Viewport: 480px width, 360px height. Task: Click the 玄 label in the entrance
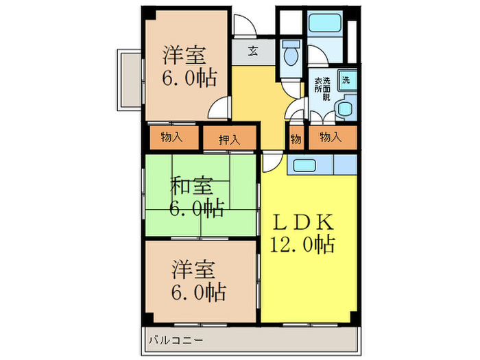click(253, 51)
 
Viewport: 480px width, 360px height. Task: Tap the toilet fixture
click(290, 53)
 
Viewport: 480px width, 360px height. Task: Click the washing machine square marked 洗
click(347, 80)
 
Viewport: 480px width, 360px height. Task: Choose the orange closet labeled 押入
click(229, 139)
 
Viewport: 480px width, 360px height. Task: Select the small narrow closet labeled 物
click(296, 139)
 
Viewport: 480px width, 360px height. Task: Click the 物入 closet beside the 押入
click(171, 138)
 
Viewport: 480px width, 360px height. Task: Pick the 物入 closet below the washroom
click(330, 138)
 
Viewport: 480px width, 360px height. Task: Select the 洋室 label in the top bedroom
click(185, 55)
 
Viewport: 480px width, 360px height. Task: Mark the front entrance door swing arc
click(244, 26)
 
